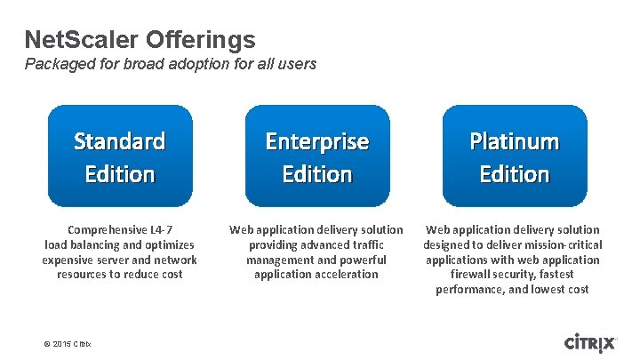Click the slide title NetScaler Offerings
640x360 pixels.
(140, 40)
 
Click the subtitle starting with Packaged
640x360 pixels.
(170, 64)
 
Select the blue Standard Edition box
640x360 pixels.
(120, 156)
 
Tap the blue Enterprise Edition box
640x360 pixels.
(317, 156)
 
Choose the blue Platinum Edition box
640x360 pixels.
(515, 156)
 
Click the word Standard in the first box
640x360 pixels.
(120, 141)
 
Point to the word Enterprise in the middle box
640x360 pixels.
(317, 141)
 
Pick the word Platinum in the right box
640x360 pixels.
(515, 141)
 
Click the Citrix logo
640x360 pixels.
(590, 342)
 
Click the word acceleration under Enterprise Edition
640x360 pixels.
(345, 275)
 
